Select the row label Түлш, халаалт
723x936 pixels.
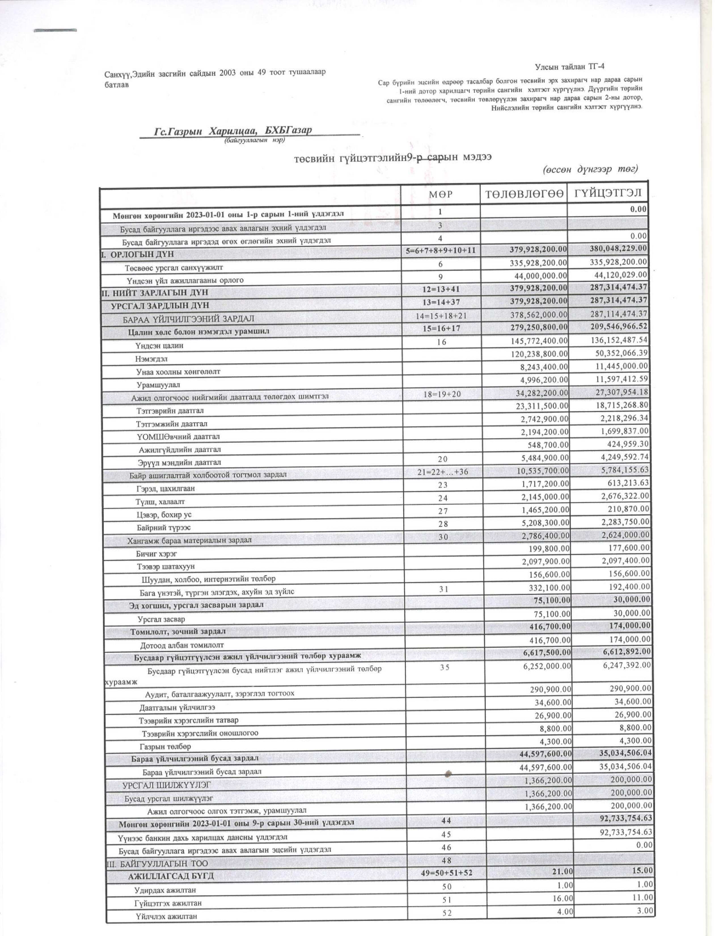(160, 501)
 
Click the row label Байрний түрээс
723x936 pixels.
(164, 528)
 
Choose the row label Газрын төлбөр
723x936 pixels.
(165, 746)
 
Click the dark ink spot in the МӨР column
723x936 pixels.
(449, 773)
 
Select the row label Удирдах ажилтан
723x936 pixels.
(165, 890)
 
